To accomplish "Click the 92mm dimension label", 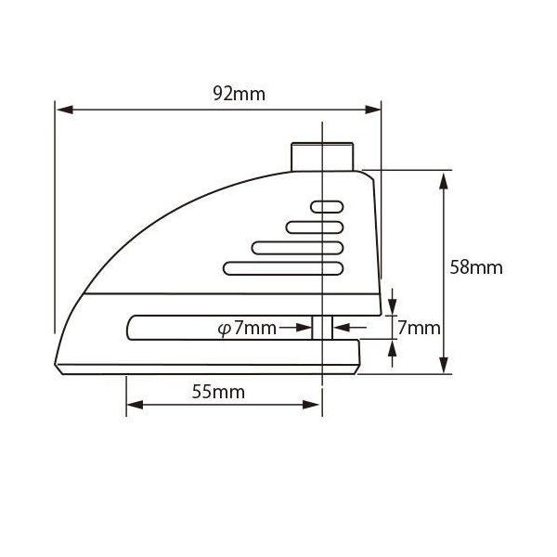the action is tap(240, 94).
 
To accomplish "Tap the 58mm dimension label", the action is tap(476, 267).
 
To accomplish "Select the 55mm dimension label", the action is tap(218, 392).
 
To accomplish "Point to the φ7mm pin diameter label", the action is tap(247, 328).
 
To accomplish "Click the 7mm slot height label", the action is tap(419, 328).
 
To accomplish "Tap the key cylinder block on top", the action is tap(322, 157).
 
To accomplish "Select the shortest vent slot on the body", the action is tap(327, 207).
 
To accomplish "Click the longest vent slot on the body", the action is tap(283, 268).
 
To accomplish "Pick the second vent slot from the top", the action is tap(315, 227).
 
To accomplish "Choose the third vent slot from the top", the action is tap(297, 248).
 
